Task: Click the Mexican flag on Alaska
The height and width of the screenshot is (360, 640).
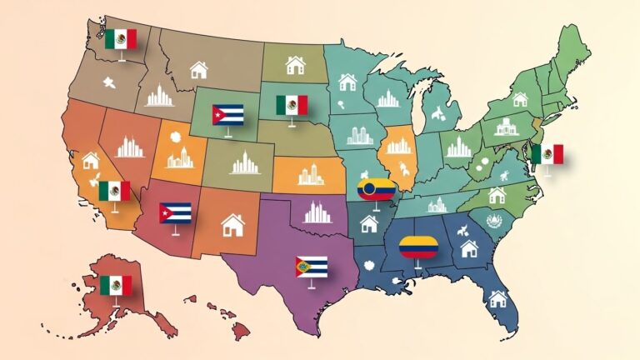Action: pos(116,285)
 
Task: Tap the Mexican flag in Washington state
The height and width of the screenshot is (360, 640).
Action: pos(121,38)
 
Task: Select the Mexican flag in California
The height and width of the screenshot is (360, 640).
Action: pos(114,191)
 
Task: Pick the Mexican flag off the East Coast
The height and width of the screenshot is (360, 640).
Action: pos(547,154)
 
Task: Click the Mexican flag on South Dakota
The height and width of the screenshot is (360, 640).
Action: pos(292,105)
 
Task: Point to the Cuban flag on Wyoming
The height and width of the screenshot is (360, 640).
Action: pos(227,114)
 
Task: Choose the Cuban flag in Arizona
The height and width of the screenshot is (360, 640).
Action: pos(175,213)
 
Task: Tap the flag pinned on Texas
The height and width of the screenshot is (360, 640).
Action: pos(312,267)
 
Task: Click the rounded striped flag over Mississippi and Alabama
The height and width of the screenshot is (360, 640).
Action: pos(419,247)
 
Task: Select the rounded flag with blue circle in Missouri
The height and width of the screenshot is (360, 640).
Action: pos(377,190)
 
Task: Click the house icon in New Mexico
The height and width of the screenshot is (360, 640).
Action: pos(232,224)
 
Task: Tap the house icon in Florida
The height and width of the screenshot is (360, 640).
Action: pos(498,297)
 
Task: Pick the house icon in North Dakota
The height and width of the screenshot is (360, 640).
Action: pos(295,64)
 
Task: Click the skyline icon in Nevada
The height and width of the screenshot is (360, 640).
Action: pos(130,147)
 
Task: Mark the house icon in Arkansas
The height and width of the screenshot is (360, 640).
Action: pos(368,223)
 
